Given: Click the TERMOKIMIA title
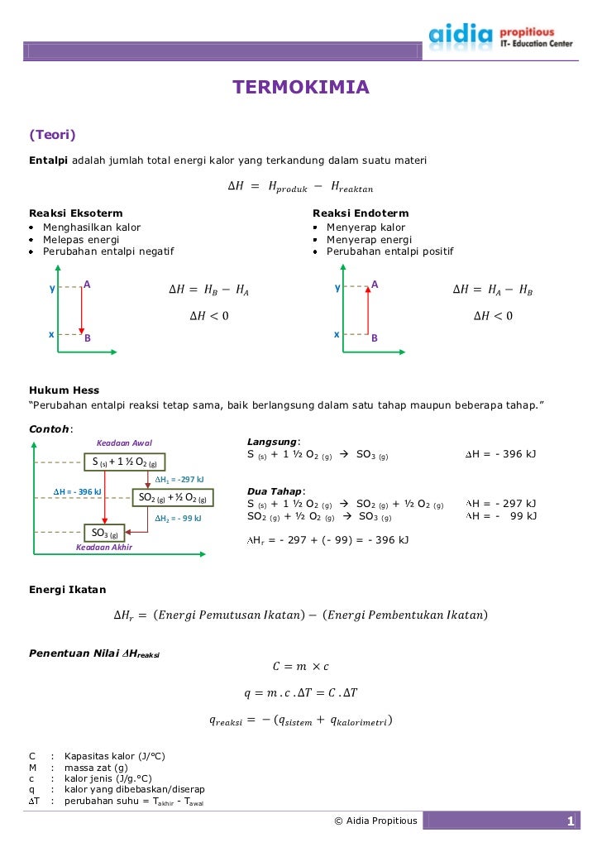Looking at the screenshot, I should [300, 88].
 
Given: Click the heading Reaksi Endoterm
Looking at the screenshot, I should [361, 213].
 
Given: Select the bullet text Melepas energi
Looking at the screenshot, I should [82, 240].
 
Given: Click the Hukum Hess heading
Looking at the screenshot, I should [64, 390].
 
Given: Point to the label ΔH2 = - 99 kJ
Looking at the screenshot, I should [178, 518].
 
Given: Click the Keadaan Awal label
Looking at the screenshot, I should [125, 443].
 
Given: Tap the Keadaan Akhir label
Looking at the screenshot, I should [104, 547].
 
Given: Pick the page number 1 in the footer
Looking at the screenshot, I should [570, 821].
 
